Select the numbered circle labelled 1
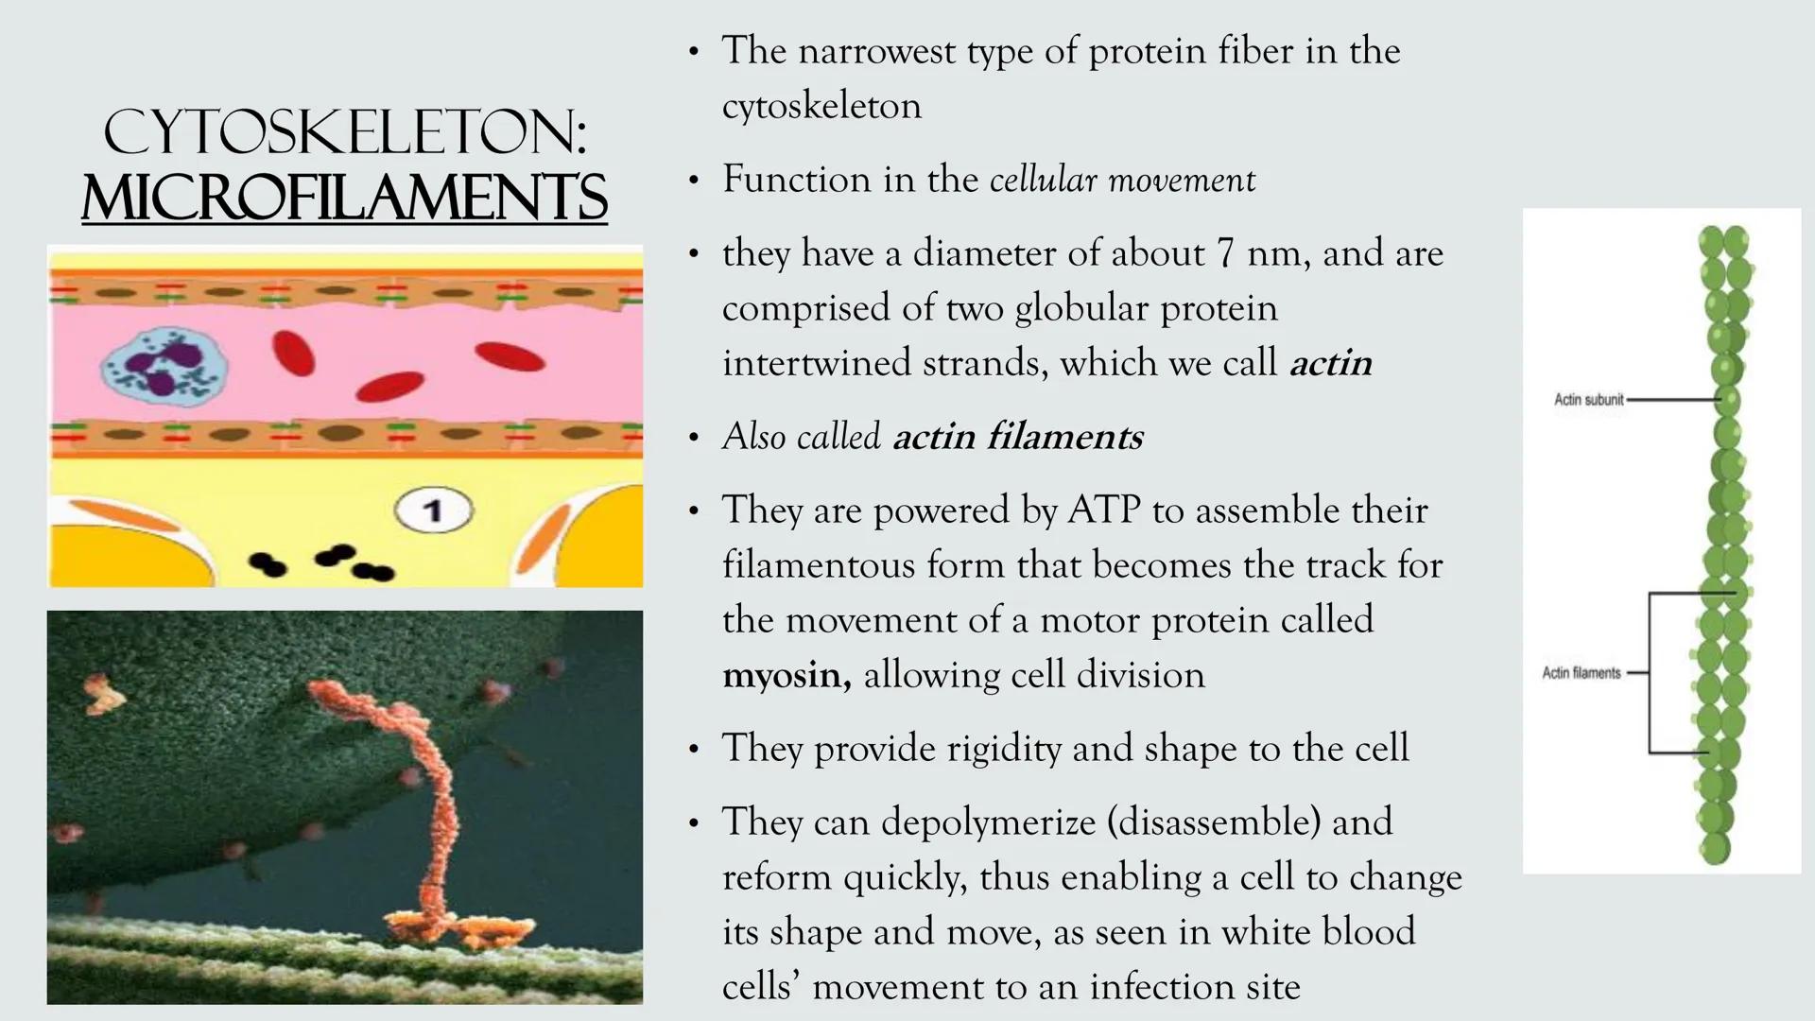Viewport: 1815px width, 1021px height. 434,510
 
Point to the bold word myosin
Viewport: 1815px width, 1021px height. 786,675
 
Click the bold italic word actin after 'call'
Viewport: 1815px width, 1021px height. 1330,363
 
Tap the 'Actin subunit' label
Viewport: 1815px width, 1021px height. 1588,400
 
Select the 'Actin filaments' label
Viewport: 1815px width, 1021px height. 1582,673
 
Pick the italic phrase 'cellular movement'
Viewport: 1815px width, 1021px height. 1122,180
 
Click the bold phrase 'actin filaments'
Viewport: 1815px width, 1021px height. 1017,437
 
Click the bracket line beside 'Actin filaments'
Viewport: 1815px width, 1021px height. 1651,673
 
